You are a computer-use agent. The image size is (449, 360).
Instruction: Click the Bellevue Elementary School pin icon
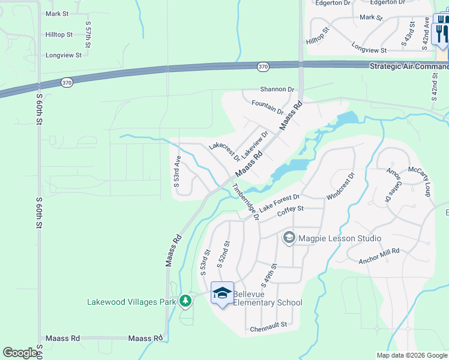222,293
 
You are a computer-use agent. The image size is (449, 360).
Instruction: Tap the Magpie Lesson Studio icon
289,238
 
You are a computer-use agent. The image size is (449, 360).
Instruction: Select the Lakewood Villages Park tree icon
185,301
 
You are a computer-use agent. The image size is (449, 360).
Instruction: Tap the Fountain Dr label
267,107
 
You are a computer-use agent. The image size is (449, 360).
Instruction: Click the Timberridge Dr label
246,202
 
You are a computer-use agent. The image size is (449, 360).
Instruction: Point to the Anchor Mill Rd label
379,255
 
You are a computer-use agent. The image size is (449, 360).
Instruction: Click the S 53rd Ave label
177,172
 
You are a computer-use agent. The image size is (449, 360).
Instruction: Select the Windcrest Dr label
341,187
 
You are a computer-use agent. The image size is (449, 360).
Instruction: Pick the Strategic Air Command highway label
408,66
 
